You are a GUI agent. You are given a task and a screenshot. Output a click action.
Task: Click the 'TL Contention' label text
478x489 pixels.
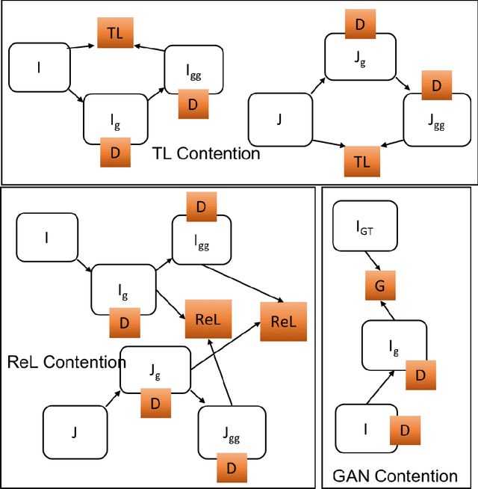point(206,154)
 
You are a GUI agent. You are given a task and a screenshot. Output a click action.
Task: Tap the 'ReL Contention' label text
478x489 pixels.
point(66,363)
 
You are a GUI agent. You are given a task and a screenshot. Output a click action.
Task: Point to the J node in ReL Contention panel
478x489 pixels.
point(73,431)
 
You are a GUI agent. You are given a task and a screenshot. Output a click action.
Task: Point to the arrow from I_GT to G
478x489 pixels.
point(373,261)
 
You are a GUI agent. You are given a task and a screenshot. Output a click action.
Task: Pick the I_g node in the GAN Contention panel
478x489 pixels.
point(388,344)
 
